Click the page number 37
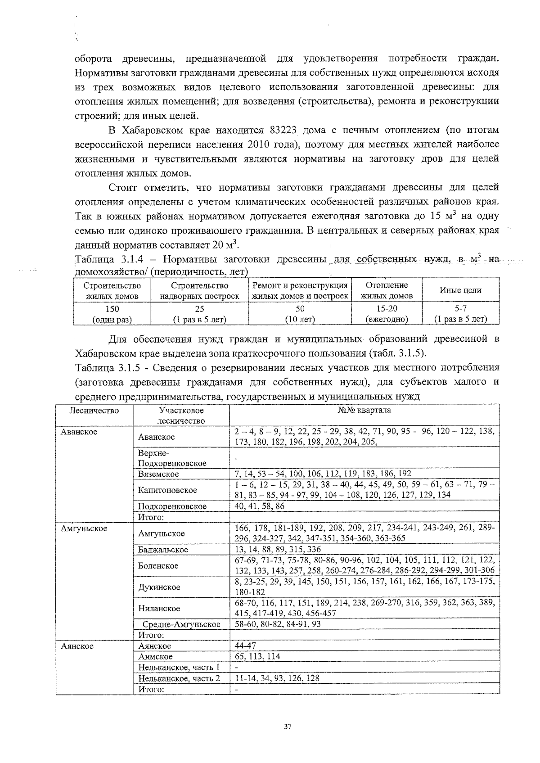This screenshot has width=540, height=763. [288, 726]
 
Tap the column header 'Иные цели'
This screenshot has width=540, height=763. [460, 290]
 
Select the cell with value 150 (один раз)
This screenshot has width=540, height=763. [112, 314]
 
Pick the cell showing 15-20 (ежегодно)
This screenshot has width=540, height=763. [387, 314]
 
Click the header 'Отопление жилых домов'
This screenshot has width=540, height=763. [387, 290]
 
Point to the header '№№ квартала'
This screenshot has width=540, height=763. [364, 410]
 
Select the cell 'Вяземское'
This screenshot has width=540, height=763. [159, 474]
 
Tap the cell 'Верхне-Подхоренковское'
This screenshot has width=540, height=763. [172, 458]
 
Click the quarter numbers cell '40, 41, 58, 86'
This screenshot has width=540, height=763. [260, 506]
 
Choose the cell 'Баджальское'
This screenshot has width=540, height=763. [163, 550]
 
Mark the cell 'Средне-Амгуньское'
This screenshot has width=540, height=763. [181, 624]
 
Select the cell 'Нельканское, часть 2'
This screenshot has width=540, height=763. [179, 678]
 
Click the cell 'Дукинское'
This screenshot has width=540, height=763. [159, 587]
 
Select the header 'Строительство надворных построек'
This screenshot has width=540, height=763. [199, 290]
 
